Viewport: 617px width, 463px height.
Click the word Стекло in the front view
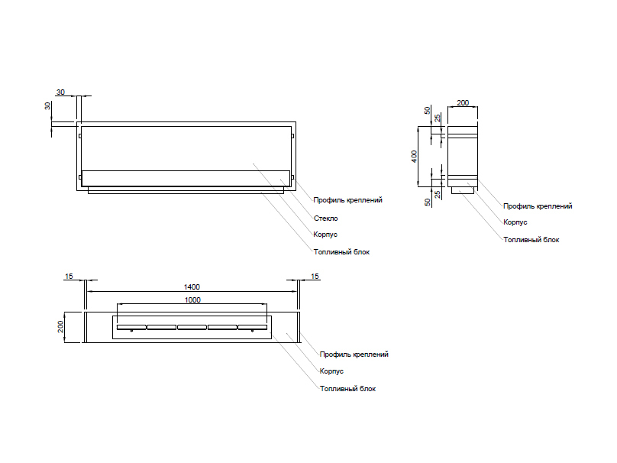[325, 218]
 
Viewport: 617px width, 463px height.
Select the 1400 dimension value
[192, 287]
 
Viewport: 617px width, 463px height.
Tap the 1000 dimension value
[192, 300]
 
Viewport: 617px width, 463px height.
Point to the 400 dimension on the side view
[414, 155]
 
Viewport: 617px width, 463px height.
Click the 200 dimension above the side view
[463, 102]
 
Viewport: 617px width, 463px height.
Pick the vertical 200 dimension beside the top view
[61, 327]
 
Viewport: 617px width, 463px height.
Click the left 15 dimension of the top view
[69, 276]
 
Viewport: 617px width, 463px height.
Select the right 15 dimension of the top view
[315, 276]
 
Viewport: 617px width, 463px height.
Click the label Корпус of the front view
[325, 235]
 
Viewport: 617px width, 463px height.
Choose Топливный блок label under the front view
[341, 251]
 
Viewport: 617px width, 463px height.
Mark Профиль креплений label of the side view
[538, 206]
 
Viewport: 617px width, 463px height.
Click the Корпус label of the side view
[515, 222]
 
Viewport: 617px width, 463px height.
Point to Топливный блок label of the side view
[531, 239]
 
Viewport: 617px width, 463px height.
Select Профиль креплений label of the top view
[354, 355]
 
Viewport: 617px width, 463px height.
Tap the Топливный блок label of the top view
[347, 388]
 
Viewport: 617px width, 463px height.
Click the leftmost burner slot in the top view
[131, 328]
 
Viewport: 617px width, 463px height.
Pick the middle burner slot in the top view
[192, 328]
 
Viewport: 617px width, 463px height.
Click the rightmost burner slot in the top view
[252, 328]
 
